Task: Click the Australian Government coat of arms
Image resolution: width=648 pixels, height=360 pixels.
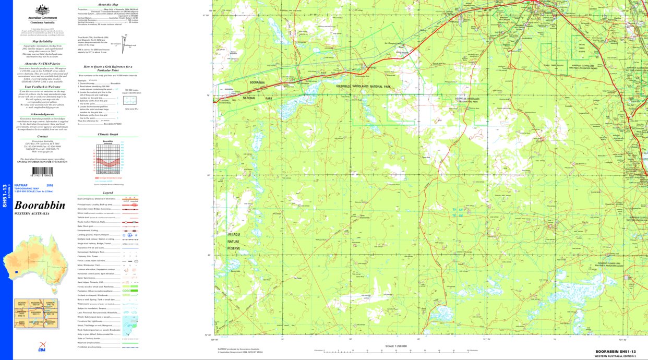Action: tap(42, 10)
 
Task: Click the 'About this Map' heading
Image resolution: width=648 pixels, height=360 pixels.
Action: tap(108, 4)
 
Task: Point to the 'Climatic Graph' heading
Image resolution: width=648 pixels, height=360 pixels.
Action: tap(108, 134)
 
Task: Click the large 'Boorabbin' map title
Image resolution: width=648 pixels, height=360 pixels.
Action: tap(40, 205)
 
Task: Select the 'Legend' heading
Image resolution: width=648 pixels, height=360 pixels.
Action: tap(108, 193)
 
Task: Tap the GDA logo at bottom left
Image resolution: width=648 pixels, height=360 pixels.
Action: tap(42, 345)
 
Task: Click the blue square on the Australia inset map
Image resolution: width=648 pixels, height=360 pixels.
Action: tap(17, 272)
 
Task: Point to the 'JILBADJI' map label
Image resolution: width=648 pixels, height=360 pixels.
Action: tap(233, 235)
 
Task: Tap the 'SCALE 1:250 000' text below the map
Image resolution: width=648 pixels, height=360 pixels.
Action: tap(395, 346)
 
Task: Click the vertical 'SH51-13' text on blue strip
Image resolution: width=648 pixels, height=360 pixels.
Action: tap(5, 196)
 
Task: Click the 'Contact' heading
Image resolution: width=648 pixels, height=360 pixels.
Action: tap(42, 137)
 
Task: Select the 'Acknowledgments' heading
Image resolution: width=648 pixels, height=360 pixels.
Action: tap(42, 114)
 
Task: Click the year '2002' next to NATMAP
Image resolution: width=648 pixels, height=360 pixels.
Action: tap(50, 185)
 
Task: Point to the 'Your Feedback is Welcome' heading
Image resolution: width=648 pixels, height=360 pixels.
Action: tap(42, 87)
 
